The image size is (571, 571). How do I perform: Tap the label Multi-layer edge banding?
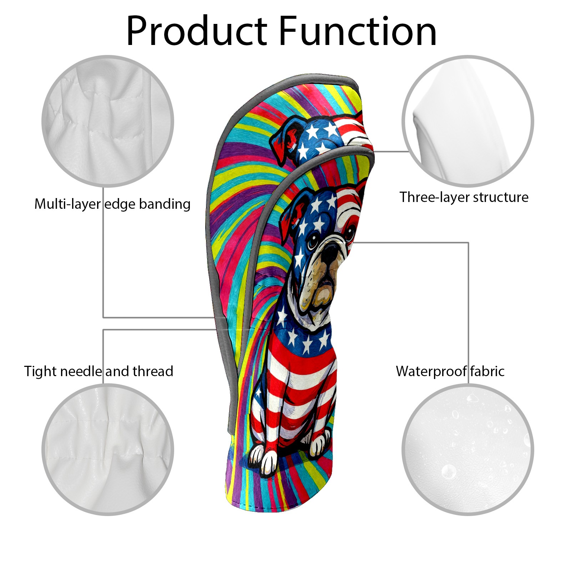[112, 204]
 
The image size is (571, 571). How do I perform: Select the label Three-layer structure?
[464, 197]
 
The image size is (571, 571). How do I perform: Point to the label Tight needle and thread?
[98, 372]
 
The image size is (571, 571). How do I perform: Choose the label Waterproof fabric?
[450, 372]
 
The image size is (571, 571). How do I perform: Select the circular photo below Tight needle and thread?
[108, 449]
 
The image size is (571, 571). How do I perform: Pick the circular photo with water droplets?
[468, 449]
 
